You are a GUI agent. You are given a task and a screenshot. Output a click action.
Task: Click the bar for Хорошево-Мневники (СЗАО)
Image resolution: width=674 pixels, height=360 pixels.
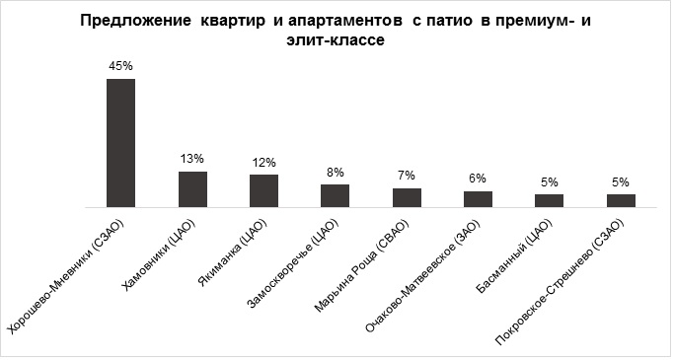tap(120, 143)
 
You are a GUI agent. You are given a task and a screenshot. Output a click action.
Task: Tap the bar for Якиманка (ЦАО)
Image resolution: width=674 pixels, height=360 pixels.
tap(263, 191)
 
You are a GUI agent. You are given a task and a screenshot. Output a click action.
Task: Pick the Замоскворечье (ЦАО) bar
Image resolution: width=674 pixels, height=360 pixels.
tap(336, 196)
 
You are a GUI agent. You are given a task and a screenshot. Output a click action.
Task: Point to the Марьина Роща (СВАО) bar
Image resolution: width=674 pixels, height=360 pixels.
tap(407, 197)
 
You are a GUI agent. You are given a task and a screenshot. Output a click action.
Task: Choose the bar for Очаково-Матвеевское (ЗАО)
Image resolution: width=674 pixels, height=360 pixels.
tap(478, 199)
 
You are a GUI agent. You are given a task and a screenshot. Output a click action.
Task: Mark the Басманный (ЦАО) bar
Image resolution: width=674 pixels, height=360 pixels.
tap(550, 200)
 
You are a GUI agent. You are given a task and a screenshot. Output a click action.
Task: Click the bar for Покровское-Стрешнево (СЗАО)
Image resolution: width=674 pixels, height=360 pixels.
tap(621, 200)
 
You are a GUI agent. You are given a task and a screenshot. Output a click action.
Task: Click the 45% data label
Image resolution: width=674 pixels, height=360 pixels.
tap(120, 65)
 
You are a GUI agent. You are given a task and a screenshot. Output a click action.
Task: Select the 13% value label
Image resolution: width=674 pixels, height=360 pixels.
tap(192, 159)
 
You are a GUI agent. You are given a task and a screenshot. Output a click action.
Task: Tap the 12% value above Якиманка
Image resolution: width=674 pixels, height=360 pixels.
tap(263, 162)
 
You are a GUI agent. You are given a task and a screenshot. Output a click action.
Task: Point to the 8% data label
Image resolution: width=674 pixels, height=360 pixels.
tap(336, 172)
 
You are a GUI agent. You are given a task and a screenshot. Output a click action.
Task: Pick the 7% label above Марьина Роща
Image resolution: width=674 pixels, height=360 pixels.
tap(407, 175)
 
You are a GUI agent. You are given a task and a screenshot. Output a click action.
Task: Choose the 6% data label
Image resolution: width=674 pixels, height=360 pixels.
tap(478, 179)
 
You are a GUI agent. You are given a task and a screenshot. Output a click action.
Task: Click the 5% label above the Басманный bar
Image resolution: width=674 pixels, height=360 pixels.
tap(550, 181)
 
